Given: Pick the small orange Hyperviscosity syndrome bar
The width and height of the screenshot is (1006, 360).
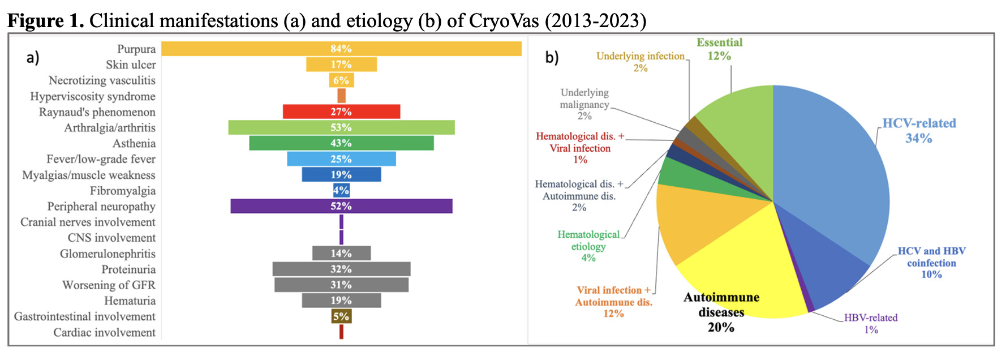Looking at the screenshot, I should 341,96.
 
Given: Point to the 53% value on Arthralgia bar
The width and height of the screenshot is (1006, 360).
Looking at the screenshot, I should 341,127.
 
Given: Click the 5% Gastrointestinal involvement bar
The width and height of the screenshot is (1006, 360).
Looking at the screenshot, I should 341,316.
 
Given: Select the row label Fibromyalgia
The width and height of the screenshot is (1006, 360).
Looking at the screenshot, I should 122,191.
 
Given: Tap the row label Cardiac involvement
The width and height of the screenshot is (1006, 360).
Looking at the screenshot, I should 104,332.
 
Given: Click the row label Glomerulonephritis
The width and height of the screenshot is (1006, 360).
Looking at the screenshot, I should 108,254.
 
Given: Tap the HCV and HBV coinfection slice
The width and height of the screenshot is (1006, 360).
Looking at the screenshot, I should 826,255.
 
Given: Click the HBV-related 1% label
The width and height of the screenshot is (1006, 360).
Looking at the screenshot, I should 871,324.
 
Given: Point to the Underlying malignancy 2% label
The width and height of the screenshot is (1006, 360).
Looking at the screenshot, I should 584,104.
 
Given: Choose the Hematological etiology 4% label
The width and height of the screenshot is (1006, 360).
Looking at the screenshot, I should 588,246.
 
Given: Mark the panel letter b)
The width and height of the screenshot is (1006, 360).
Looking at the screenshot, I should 552,57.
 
